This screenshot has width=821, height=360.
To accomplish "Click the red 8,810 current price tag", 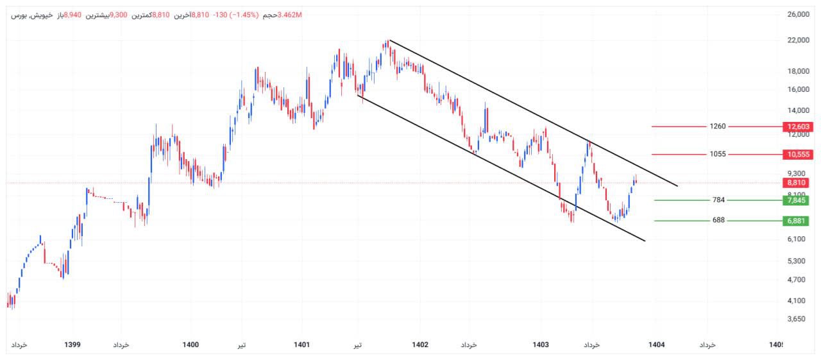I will (x=798, y=183).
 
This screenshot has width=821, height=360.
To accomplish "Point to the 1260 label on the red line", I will (x=718, y=126).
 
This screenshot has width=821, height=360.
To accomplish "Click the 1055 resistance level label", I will (x=718, y=154).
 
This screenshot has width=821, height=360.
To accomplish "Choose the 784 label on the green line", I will (x=718, y=200).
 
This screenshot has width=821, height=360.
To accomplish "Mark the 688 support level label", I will (x=718, y=221).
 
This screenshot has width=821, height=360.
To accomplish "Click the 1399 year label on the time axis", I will (x=72, y=345).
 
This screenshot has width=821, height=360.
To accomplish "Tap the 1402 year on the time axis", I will (x=420, y=345).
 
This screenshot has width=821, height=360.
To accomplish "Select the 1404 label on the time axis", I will (x=656, y=345).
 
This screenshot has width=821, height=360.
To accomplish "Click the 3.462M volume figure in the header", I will (x=290, y=15).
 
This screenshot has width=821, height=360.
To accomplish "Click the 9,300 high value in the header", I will (x=119, y=15).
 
